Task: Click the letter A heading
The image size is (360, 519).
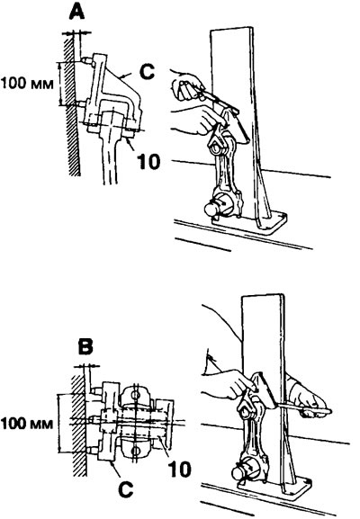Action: coord(76,13)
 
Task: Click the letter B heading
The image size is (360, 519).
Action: coord(85,346)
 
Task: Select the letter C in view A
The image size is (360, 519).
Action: coord(147,72)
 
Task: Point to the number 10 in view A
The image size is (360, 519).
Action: coord(148,162)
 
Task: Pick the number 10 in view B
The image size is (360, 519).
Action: coord(179,468)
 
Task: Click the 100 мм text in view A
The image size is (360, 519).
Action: coord(27,83)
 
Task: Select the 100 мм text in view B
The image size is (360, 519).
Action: coord(27,424)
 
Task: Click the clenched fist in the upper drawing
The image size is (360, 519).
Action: coord(186,89)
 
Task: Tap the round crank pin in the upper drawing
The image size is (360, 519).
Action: coord(212,210)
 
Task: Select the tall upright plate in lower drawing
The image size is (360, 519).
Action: coord(265,390)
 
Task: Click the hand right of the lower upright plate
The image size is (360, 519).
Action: coord(308,398)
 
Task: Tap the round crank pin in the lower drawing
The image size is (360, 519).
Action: coord(239,474)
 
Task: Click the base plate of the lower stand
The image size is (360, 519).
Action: coord(274,487)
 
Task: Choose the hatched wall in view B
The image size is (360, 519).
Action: coord(79,426)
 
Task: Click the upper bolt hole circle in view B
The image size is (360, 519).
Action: coord(135,394)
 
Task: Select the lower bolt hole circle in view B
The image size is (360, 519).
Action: coord(135,451)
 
